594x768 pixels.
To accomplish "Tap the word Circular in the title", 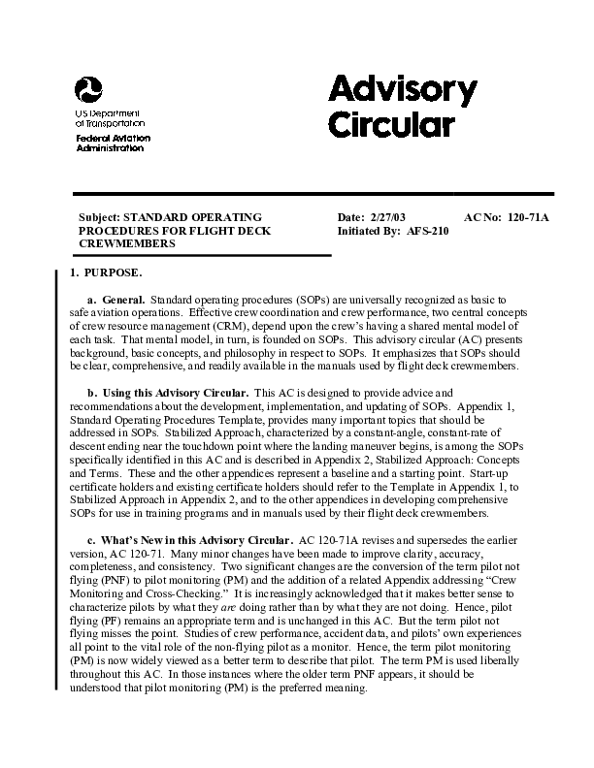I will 390,125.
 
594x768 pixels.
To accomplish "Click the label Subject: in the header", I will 100,217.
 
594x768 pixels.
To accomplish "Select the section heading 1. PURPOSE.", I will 106,274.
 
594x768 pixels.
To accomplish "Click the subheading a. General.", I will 115,302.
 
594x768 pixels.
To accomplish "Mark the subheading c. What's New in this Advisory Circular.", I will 189,538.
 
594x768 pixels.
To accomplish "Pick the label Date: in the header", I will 350,217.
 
